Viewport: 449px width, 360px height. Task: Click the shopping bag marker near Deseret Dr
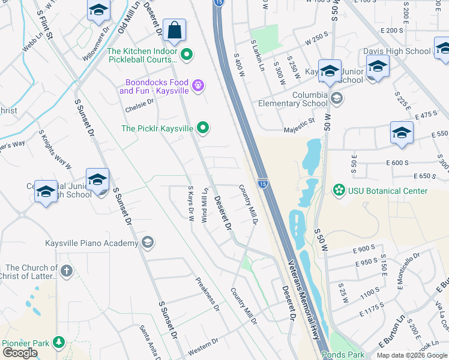coord(174,31)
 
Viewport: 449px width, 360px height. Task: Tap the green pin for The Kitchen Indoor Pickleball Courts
coord(187,55)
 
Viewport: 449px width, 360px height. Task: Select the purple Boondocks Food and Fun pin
coord(199,86)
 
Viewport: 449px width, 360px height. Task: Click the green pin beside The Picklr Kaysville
coord(203,128)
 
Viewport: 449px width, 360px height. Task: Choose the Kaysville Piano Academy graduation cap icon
coord(148,243)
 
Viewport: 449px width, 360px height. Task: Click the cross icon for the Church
coord(66,271)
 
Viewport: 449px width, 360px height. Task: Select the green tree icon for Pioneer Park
coord(58,343)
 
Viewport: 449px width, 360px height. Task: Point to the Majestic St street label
coord(303,122)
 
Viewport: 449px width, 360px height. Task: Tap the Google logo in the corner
coord(19,353)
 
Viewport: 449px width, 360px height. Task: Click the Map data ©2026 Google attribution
coord(412,355)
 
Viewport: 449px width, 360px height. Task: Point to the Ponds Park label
coord(342,355)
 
